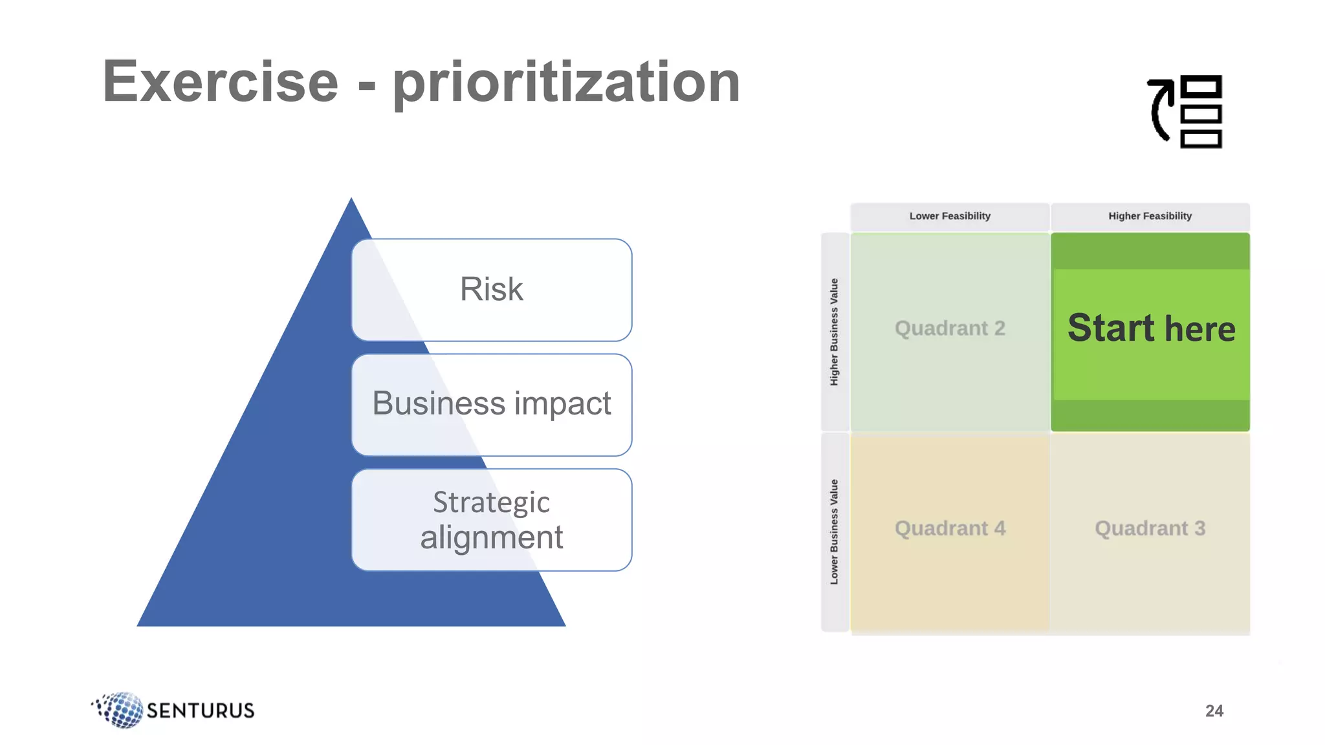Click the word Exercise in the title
pyautogui.click(x=221, y=81)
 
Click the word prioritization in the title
pyautogui.click(x=566, y=83)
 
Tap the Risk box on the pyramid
pyautogui.click(x=491, y=289)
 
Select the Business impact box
pyautogui.click(x=491, y=404)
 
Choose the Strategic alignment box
pyautogui.click(x=491, y=519)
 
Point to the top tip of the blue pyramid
pyautogui.click(x=351, y=200)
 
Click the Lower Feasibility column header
pyautogui.click(x=949, y=216)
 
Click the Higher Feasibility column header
pyautogui.click(x=1150, y=216)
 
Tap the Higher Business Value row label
pyautogui.click(x=834, y=332)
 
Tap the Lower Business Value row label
pyautogui.click(x=834, y=532)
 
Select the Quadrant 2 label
pyautogui.click(x=949, y=329)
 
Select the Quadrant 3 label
pyautogui.click(x=1150, y=528)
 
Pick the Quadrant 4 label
pyautogui.click(x=949, y=528)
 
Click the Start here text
pyautogui.click(x=1151, y=329)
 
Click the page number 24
pyautogui.click(x=1214, y=711)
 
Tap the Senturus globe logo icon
pyautogui.click(x=120, y=709)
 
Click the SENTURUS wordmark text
pyautogui.click(x=200, y=711)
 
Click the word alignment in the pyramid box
pyautogui.click(x=491, y=537)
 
